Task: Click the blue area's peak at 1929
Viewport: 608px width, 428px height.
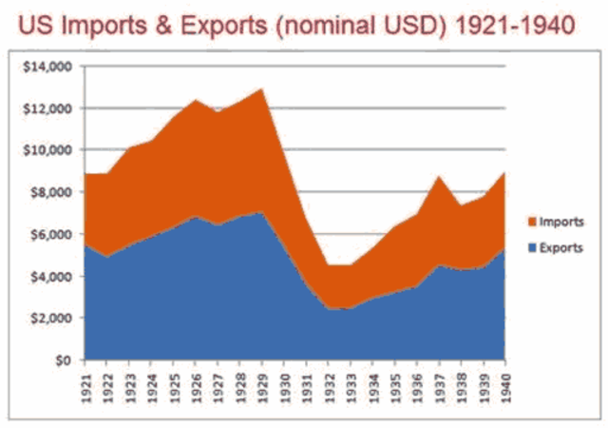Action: pyautogui.click(x=261, y=212)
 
